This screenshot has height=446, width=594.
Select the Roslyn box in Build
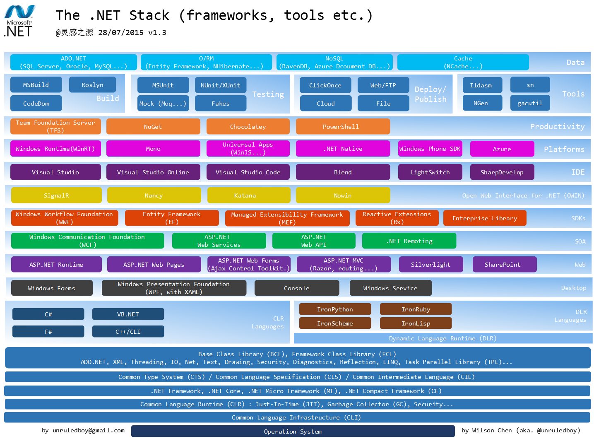tap(92, 85)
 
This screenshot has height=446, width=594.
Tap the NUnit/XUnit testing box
tap(220, 85)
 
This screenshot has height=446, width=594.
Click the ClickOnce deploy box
tap(325, 85)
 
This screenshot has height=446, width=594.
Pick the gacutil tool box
tap(530, 103)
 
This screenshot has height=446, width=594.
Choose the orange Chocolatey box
tap(248, 127)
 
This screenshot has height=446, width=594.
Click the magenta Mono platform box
tap(153, 149)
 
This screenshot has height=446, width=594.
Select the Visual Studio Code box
tap(248, 172)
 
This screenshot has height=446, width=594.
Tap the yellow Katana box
tap(245, 195)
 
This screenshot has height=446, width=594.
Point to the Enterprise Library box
tap(485, 218)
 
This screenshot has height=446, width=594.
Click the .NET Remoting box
tap(409, 241)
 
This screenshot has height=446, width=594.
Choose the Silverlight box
tap(430, 265)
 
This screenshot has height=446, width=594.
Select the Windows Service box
tap(390, 288)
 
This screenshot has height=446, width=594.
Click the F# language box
tap(48, 332)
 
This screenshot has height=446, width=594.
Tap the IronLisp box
tap(416, 323)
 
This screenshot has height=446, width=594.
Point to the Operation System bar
tap(293, 432)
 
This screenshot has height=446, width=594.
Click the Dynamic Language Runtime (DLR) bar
tap(443, 338)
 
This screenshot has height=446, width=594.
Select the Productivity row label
tap(557, 127)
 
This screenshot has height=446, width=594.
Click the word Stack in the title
tap(149, 15)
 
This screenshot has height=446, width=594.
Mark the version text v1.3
tap(157, 33)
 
